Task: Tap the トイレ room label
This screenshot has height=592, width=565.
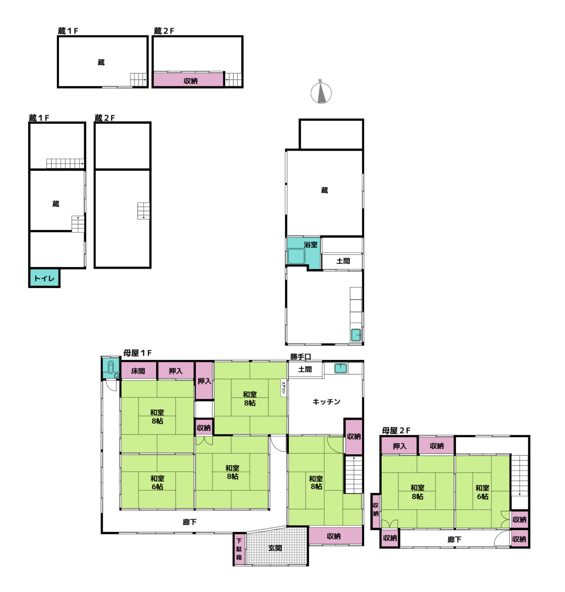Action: pos(44,278)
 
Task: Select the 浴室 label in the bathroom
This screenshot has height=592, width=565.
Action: pos(310,244)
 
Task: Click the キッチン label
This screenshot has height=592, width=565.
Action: pos(326,402)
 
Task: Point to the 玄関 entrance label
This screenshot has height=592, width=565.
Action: pos(275,548)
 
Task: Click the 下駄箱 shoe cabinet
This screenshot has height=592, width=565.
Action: pos(239,549)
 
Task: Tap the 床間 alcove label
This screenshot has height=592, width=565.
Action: pos(138,371)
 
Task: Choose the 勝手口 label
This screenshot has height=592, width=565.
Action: pos(300,356)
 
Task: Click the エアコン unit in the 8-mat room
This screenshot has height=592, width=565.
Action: pos(283,388)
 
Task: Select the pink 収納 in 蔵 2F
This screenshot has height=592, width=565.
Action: pos(188,80)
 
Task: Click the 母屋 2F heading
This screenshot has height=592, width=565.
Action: pos(396,431)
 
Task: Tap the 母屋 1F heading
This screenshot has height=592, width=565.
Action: pos(137,353)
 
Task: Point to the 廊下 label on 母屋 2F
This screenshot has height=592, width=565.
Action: pos(454,539)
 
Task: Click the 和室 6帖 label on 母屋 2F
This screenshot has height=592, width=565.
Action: pos(482,492)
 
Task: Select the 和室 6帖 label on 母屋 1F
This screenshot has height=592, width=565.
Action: pos(157,482)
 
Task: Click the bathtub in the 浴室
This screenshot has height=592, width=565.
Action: pos(296,256)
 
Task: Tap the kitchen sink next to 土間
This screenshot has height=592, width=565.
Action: pos(341,368)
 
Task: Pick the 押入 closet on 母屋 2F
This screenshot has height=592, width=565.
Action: pos(400,446)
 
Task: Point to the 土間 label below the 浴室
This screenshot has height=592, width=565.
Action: pos(343,261)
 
